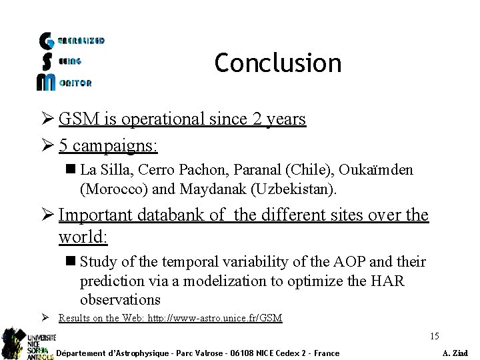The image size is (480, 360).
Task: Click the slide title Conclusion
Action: [277, 63]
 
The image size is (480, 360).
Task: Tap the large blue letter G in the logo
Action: [47, 41]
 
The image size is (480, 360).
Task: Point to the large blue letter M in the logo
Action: [47, 81]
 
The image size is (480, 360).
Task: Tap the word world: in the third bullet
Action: [84, 237]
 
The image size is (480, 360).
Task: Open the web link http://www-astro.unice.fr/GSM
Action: [219, 318]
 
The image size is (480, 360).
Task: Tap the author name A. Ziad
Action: [455, 353]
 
